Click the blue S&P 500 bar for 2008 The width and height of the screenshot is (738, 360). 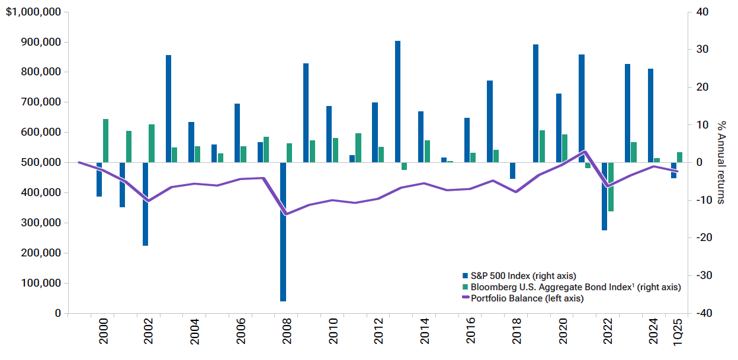[283, 232]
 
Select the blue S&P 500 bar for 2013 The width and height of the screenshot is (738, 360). [397, 101]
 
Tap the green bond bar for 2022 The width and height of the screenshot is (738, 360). [611, 187]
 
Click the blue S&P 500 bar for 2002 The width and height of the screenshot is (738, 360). [145, 204]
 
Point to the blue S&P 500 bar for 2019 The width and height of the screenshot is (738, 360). [535, 103]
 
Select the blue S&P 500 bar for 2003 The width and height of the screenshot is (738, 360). [168, 108]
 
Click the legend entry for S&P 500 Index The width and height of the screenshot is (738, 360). [519, 275]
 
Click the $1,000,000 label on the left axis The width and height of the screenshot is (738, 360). [33, 12]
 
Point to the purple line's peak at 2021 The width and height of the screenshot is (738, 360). [585, 151]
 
